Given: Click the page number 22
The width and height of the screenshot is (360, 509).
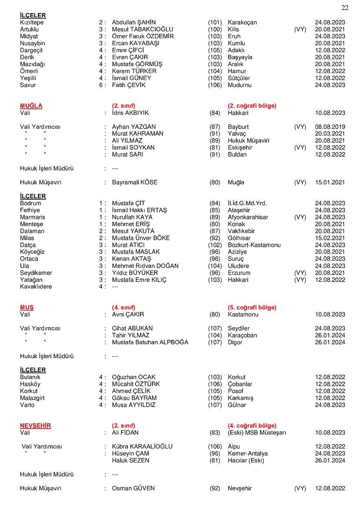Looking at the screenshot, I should point(345,7).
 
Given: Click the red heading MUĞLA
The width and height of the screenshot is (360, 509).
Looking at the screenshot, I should point(31,106).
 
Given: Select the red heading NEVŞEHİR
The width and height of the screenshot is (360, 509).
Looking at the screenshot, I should point(35,425).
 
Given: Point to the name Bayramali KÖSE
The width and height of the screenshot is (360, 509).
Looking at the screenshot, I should point(135,182).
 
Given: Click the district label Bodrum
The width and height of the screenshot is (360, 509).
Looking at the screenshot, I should point(30,203).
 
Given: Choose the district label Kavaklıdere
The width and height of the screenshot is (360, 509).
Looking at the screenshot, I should point(36,287).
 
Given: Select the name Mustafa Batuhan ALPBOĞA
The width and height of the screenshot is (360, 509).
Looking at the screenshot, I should point(150,342).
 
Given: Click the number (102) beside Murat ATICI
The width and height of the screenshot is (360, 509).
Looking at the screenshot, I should point(215,245).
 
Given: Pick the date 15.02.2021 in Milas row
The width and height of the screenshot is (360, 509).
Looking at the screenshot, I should point(330,238).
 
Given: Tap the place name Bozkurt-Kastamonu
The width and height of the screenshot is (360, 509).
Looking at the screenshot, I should point(254,245).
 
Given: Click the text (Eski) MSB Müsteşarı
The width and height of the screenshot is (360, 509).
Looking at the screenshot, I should point(257,432).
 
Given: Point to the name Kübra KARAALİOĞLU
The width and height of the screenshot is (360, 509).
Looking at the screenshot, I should point(142,446).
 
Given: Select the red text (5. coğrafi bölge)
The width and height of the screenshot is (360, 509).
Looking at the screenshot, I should point(252,307).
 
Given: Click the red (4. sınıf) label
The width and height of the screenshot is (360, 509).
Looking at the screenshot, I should point(124,307).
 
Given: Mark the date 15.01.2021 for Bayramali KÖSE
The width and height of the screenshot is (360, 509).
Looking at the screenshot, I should point(330,182).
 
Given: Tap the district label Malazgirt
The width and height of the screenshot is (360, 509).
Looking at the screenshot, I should point(32,398).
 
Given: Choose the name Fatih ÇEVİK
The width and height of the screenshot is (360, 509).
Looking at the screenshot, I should point(129,85).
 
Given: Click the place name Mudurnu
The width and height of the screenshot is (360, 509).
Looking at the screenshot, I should point(239,85).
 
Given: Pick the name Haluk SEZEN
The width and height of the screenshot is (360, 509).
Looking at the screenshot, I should point(131,460).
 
